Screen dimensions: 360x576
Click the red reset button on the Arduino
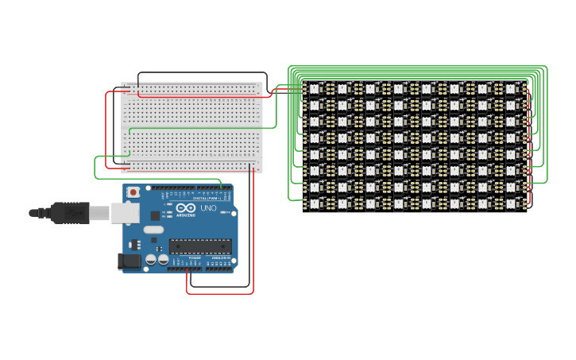pyautogui.click(x=133, y=192)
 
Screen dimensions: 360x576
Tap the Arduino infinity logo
pyautogui.click(x=186, y=209)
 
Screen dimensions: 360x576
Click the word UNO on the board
pyautogui.click(x=207, y=208)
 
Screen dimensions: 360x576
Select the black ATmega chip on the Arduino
pyautogui.click(x=201, y=246)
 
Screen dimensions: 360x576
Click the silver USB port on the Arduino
pyautogui.click(x=125, y=212)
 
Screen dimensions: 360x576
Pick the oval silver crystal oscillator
pyautogui.click(x=153, y=230)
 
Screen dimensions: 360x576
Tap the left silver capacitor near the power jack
pyautogui.click(x=150, y=259)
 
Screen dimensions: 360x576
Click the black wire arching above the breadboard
pyautogui.click(x=199, y=72)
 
